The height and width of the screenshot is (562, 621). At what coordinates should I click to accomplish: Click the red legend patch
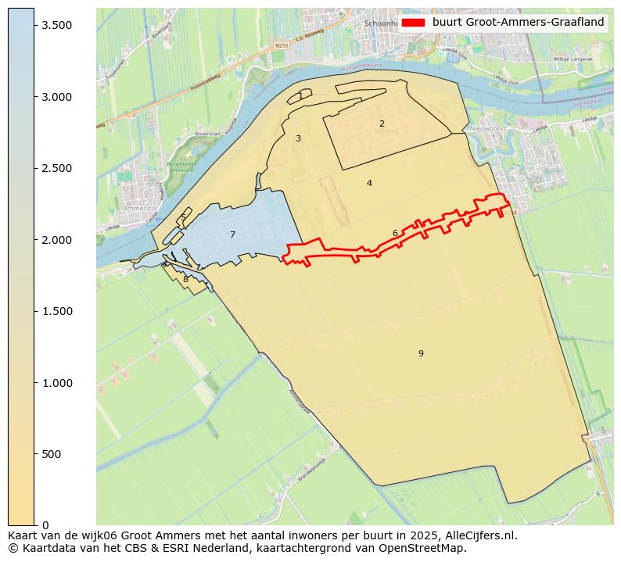[x=414, y=22]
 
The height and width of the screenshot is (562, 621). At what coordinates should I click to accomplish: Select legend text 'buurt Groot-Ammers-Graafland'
[x=518, y=22]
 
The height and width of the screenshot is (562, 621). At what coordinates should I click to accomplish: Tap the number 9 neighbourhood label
[x=421, y=353]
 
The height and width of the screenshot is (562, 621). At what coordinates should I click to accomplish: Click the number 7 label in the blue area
[x=232, y=234]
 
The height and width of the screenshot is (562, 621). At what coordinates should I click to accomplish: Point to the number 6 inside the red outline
[x=395, y=233]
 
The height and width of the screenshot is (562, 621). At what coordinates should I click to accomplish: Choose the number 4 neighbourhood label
[x=369, y=183]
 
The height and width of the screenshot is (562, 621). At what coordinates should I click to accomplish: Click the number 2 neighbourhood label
[x=382, y=123]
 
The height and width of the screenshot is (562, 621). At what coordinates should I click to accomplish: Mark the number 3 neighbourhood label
[x=298, y=138]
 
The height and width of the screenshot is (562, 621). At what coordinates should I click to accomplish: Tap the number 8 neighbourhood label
[x=185, y=279]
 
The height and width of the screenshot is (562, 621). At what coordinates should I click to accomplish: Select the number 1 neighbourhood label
[x=300, y=95]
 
